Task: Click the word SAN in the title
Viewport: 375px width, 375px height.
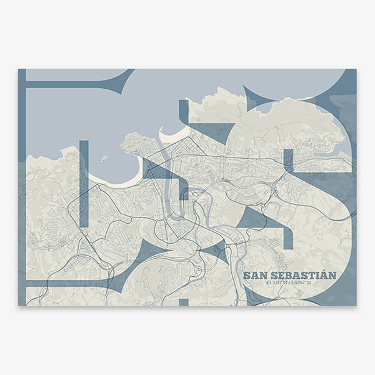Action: [x=254, y=275]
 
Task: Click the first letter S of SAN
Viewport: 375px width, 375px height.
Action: [x=247, y=275]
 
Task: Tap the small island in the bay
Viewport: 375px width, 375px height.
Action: [x=104, y=158]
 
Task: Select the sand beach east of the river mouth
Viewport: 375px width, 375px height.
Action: [x=172, y=134]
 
